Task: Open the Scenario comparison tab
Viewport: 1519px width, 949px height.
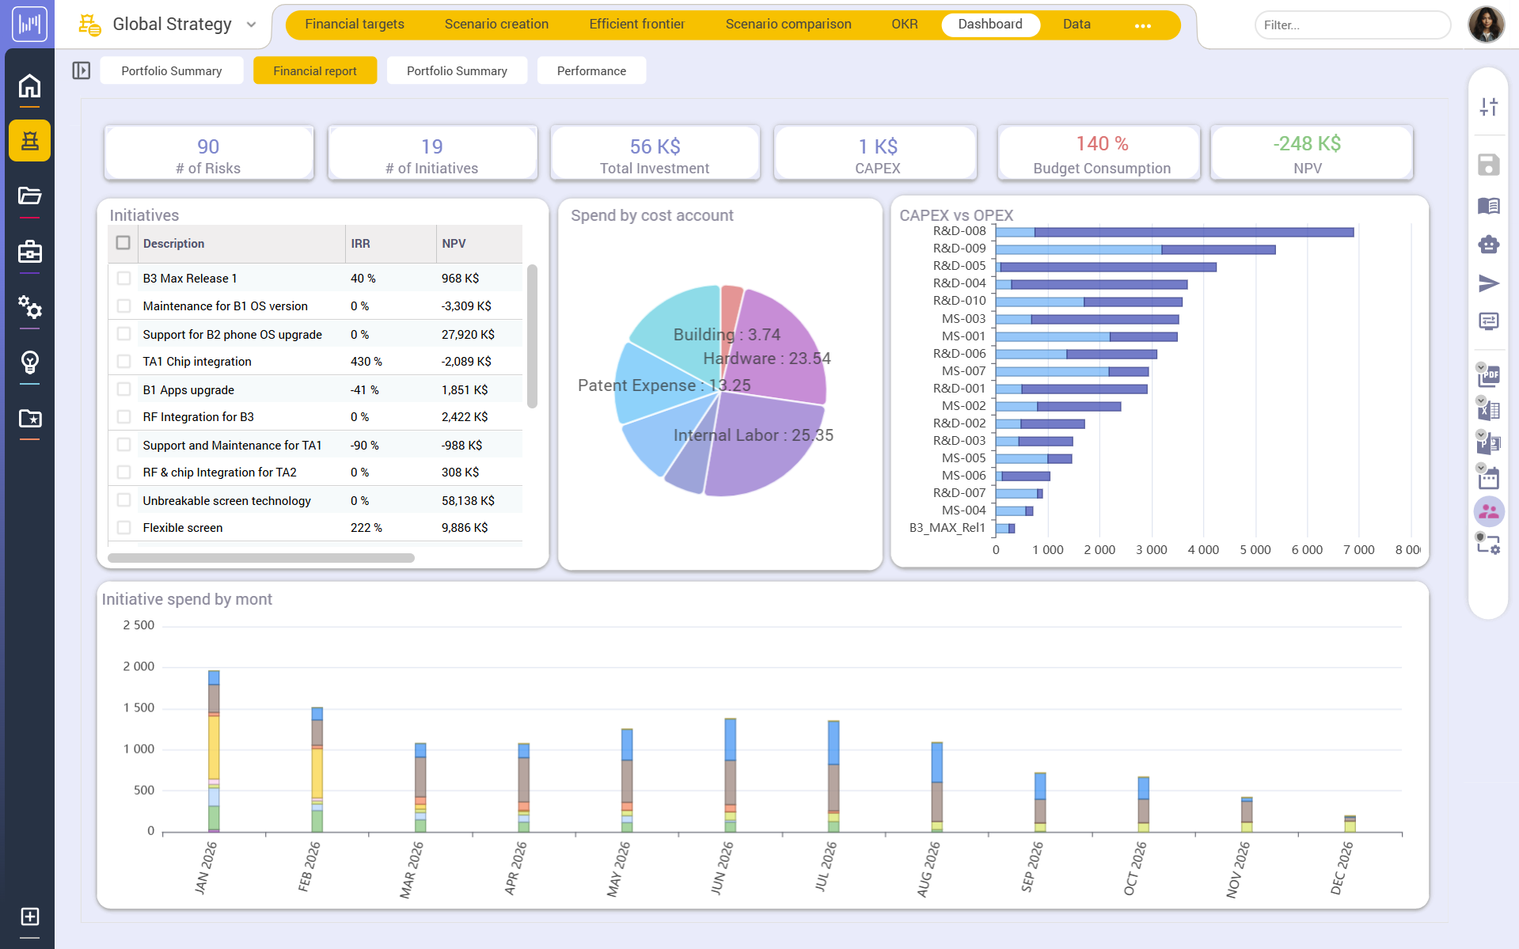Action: tap(788, 24)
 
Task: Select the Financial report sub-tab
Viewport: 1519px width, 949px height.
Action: tap(314, 70)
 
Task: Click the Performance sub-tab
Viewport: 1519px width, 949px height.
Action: tap(591, 70)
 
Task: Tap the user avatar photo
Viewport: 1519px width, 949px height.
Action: tap(1486, 24)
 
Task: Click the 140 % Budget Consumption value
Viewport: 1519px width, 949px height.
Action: tap(1101, 143)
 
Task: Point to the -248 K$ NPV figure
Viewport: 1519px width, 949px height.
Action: tap(1306, 143)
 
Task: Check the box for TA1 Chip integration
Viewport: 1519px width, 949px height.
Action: tap(123, 361)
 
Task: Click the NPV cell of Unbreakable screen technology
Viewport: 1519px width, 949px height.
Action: tap(467, 500)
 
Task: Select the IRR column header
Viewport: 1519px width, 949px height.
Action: tap(360, 243)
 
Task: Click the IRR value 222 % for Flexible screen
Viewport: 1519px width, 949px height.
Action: tap(366, 527)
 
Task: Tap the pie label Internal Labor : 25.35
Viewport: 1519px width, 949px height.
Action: tap(753, 435)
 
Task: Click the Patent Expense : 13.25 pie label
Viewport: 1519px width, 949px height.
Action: tap(663, 385)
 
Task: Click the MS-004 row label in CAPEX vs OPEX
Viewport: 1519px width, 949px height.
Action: tap(963, 510)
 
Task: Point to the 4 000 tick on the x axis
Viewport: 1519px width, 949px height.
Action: tap(1202, 549)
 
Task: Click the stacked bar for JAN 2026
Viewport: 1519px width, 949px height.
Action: tap(214, 752)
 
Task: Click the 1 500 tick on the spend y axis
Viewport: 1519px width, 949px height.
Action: tap(139, 708)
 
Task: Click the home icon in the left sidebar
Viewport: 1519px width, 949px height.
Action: tap(29, 85)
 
